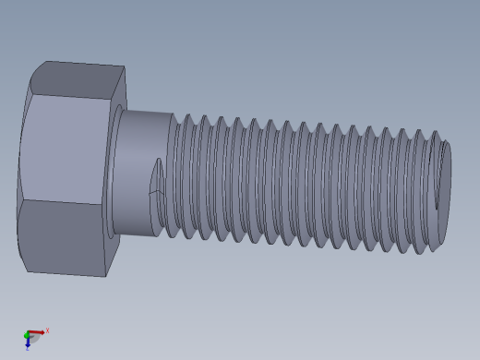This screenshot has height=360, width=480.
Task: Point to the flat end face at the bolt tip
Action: click(444, 180)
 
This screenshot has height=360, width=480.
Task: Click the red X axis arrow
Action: click(36, 332)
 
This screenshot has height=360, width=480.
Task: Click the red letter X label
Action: click(47, 330)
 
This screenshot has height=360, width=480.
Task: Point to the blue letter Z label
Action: click(28, 349)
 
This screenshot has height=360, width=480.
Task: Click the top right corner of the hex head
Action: click(125, 66)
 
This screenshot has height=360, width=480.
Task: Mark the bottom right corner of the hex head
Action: click(105, 276)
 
